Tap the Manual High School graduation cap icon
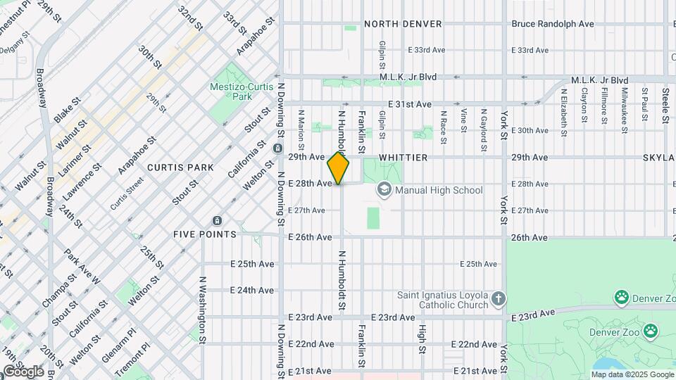click(x=384, y=189)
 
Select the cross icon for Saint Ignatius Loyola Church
click(x=499, y=299)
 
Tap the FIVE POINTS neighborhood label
click(x=205, y=234)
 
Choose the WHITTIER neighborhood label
click(x=403, y=158)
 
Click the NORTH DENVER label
click(x=403, y=24)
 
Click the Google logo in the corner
click(x=23, y=371)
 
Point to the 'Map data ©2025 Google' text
click(x=632, y=374)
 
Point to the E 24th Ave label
click(x=252, y=290)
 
